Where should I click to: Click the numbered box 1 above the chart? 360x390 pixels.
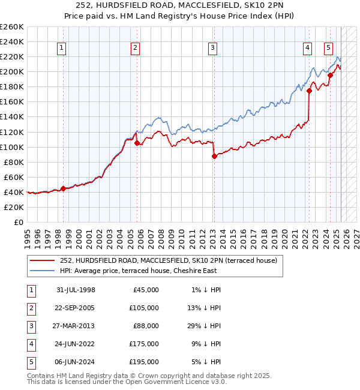pyautogui.click(x=62, y=49)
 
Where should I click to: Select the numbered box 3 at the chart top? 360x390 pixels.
pyautogui.click(x=213, y=49)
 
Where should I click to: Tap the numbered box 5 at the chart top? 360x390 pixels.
pyautogui.click(x=329, y=49)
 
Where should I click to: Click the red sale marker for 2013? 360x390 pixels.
pyautogui.click(x=214, y=156)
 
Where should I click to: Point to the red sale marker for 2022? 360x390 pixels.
pyautogui.click(x=310, y=91)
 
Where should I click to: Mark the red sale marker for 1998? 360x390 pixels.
pyautogui.click(x=63, y=188)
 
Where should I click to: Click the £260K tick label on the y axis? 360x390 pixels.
pyautogui.click(x=12, y=27)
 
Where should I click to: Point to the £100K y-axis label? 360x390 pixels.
pyautogui.click(x=12, y=147)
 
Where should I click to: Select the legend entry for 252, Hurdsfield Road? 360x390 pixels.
pyautogui.click(x=168, y=260)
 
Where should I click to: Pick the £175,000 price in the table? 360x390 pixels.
pyautogui.click(x=144, y=344)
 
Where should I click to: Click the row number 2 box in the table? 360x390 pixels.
pyautogui.click(x=30, y=308)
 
